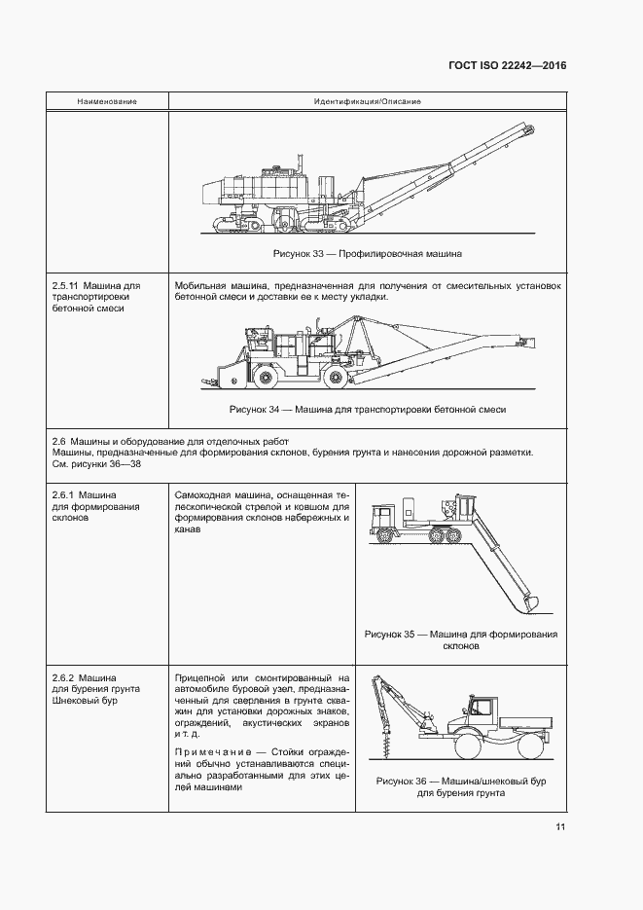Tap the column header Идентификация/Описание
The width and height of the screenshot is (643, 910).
pos(367,101)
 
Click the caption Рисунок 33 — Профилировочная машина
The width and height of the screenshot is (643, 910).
pos(367,254)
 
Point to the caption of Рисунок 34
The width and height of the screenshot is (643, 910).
pos(367,410)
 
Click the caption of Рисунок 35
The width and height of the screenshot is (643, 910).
pos(461,639)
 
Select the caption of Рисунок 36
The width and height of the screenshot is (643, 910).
pos(461,786)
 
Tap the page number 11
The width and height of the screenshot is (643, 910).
pos(559,827)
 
